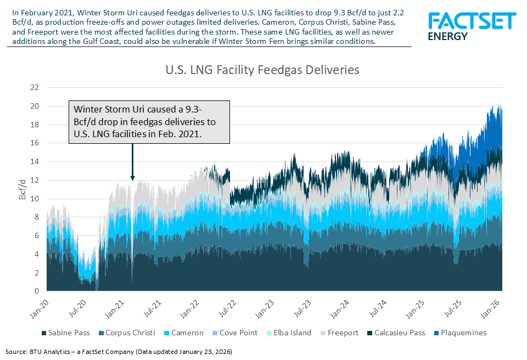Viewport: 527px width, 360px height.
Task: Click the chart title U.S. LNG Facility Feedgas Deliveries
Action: [x=262, y=70]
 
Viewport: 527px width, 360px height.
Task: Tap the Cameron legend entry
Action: [x=184, y=333]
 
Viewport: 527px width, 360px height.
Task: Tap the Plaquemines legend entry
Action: [x=459, y=333]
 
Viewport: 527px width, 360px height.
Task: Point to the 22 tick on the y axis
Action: [x=34, y=87]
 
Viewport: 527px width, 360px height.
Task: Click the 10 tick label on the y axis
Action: [x=34, y=199]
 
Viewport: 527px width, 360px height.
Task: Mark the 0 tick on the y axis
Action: [x=36, y=291]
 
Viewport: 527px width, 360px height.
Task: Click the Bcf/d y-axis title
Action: [x=23, y=189]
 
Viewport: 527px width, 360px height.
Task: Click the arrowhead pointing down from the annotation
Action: [x=132, y=177]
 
